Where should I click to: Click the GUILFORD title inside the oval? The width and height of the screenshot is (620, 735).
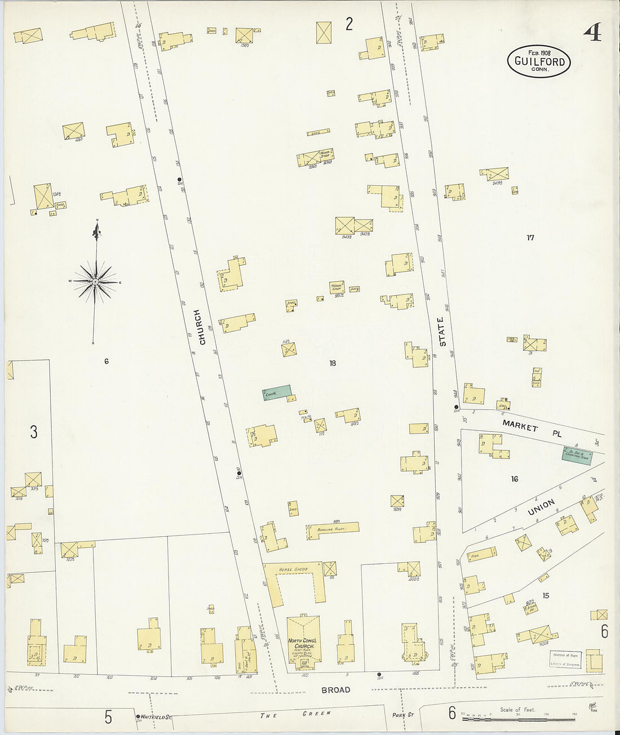click(x=539, y=61)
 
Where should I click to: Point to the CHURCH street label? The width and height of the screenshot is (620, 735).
click(x=200, y=327)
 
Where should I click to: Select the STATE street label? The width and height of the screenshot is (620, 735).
click(x=442, y=332)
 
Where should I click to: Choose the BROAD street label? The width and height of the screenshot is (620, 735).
click(x=336, y=689)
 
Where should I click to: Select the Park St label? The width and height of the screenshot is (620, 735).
click(x=403, y=715)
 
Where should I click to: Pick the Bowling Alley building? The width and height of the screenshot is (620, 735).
click(x=333, y=529)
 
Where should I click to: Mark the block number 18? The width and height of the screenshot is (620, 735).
click(x=333, y=363)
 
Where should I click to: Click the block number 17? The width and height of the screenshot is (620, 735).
click(x=530, y=238)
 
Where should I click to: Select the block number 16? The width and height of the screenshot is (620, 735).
click(x=514, y=479)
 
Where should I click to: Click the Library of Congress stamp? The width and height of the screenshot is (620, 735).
click(x=566, y=660)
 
